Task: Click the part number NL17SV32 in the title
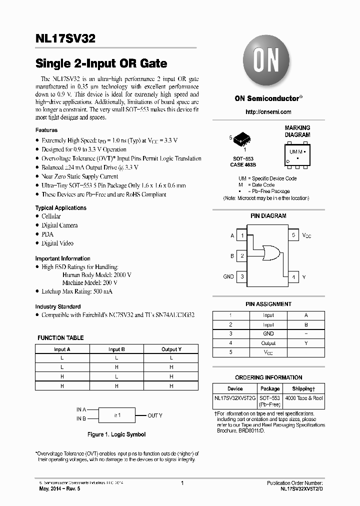coord(65,38)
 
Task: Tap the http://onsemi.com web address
coord(268,112)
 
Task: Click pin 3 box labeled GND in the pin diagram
coord(242,276)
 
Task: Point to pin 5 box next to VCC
coord(293,235)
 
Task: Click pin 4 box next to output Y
coord(293,276)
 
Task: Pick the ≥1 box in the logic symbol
coord(117,415)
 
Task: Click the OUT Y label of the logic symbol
coord(154,415)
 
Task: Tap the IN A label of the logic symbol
coord(81,409)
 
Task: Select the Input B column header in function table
coord(116,349)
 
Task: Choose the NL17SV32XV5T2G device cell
coord(235,398)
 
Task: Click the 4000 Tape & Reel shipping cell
coord(304,398)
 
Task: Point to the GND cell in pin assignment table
coord(268,333)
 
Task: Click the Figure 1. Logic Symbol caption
coord(116,434)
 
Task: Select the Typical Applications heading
coord(60,208)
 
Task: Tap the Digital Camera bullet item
coord(59,225)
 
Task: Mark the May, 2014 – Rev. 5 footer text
coord(59,488)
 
